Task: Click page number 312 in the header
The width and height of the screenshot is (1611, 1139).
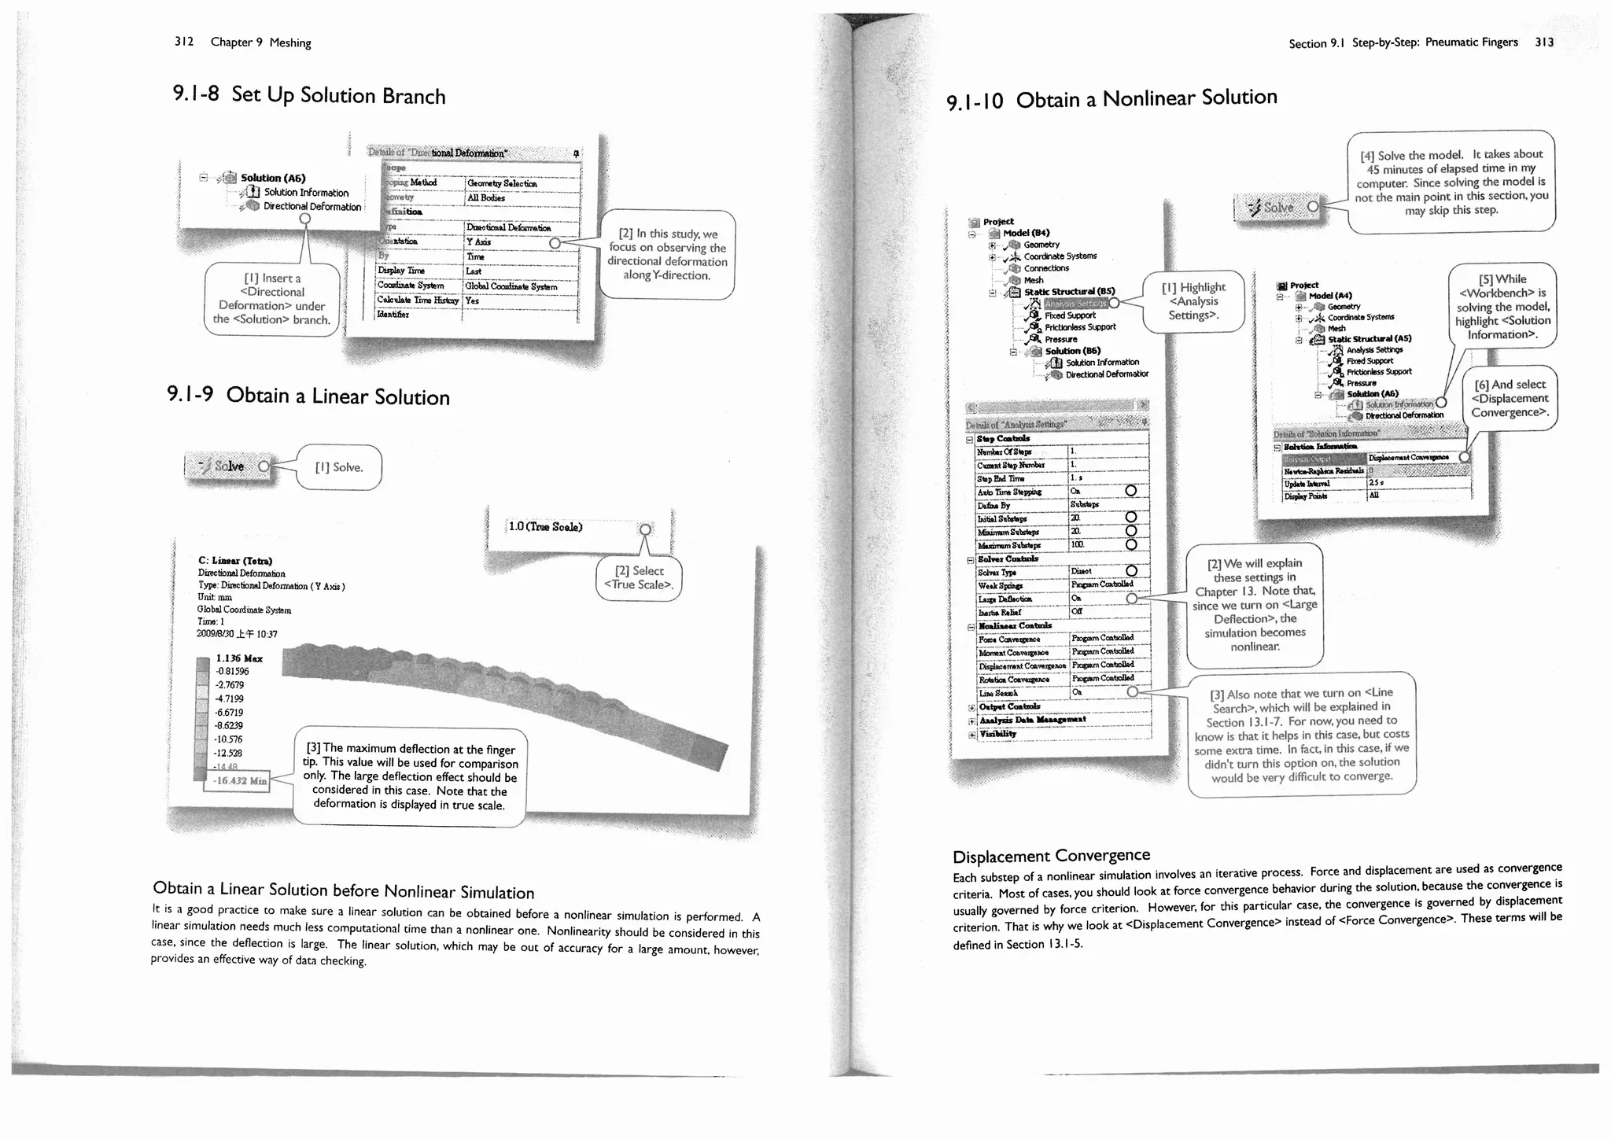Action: pyautogui.click(x=184, y=42)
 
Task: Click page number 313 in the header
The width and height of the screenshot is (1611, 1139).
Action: pyautogui.click(x=1544, y=42)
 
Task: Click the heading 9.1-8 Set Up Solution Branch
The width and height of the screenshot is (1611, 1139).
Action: pyautogui.click(x=309, y=95)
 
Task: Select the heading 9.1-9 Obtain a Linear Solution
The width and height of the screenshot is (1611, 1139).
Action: pyautogui.click(x=308, y=396)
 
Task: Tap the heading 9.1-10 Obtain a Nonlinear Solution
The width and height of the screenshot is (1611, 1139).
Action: pyautogui.click(x=1111, y=99)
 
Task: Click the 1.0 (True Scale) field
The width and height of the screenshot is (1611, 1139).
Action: pyautogui.click(x=546, y=527)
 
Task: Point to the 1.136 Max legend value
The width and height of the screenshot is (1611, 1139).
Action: pyautogui.click(x=239, y=658)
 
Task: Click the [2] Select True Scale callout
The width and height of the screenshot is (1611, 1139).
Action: pyautogui.click(x=638, y=578)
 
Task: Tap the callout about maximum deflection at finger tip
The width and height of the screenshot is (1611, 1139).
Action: pyautogui.click(x=410, y=776)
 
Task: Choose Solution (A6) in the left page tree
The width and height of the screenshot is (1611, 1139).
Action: pyautogui.click(x=273, y=178)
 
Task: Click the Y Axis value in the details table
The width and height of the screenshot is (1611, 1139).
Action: pyautogui.click(x=479, y=242)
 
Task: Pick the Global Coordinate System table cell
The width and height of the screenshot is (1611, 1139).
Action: pyautogui.click(x=511, y=286)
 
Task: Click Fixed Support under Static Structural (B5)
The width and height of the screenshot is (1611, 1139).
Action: pyautogui.click(x=1070, y=315)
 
